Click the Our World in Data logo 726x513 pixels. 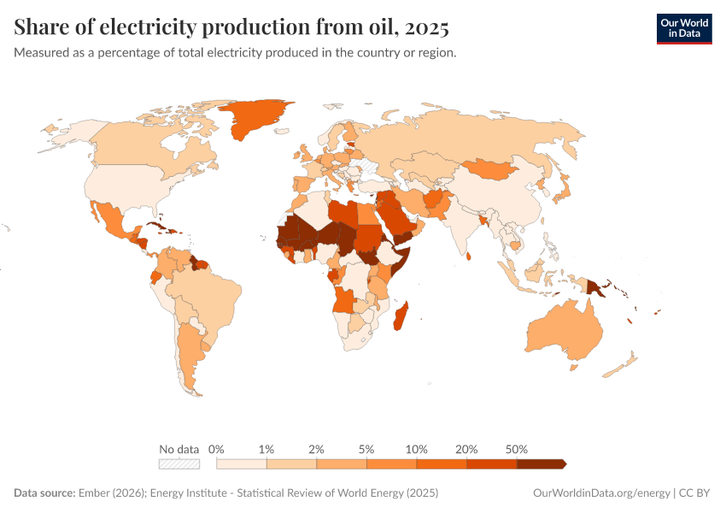point(683,28)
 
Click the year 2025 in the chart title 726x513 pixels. point(427,27)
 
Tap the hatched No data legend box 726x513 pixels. point(179,464)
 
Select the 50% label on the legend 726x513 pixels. point(517,449)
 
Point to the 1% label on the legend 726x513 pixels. point(266,449)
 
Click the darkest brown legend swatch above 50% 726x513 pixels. point(540,464)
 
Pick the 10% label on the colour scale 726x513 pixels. point(417,449)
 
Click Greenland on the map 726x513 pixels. point(256,120)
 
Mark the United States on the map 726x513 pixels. point(128,184)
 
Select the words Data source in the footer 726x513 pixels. point(44,493)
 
